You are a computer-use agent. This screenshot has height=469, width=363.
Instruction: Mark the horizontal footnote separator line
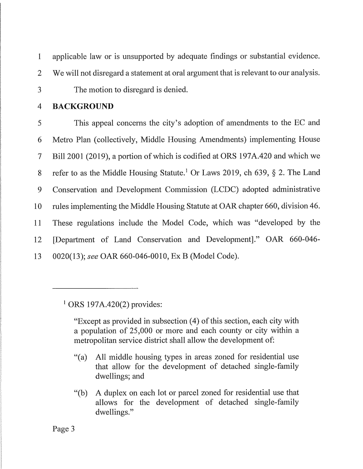(94, 288)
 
